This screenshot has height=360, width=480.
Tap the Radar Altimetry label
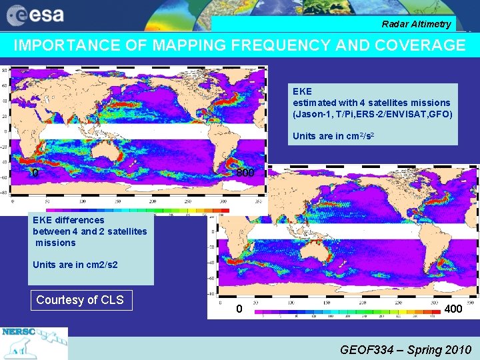tap(416, 25)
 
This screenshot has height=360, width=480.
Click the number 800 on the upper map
tap(245, 173)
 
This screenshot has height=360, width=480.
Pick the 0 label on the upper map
tap(35, 173)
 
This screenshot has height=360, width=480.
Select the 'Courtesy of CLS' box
tap(80, 300)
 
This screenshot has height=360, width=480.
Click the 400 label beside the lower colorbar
tap(453, 309)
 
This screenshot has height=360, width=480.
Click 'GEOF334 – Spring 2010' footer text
tap(405, 349)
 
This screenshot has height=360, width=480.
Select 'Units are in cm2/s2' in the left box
tap(75, 265)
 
